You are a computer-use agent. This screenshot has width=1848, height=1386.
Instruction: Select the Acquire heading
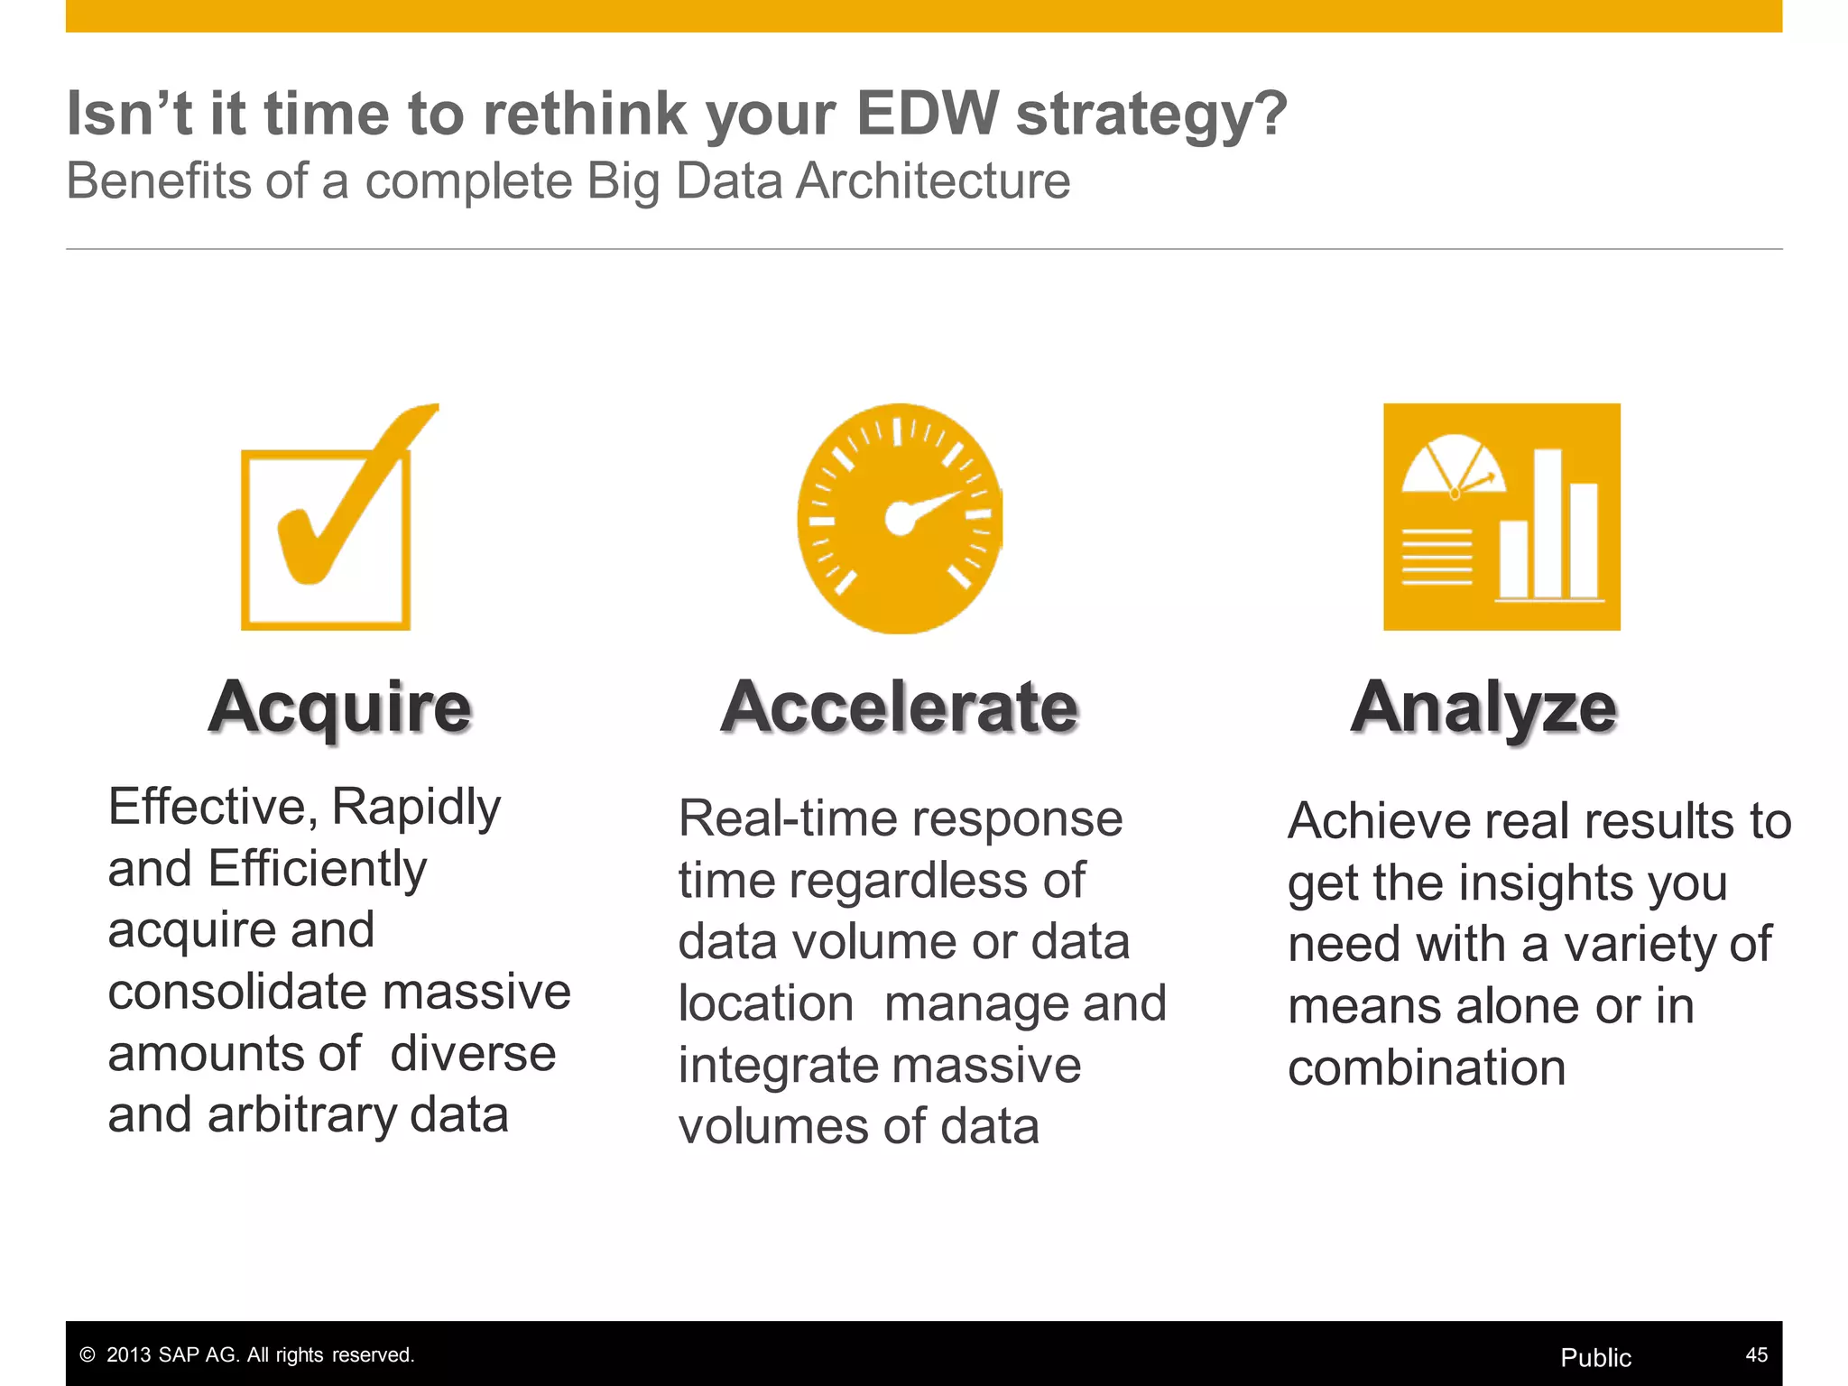(x=340, y=707)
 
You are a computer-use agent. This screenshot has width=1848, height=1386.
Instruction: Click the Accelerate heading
(x=900, y=707)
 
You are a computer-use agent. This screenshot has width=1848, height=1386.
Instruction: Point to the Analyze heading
(x=1483, y=708)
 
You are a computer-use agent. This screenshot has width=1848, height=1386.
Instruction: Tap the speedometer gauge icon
(x=900, y=518)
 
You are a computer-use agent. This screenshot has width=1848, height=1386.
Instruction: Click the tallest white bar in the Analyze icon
(x=1548, y=522)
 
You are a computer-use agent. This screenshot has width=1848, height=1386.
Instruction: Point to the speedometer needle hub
(x=899, y=518)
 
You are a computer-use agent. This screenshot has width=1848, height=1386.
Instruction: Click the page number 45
(x=1756, y=1354)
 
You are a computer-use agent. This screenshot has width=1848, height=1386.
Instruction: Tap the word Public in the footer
(x=1595, y=1357)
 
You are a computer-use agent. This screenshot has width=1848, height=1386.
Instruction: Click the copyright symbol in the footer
(x=88, y=1354)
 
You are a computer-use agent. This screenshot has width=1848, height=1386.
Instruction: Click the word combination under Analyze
(x=1427, y=1068)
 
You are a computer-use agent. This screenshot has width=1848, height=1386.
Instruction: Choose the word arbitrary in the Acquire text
(x=301, y=1115)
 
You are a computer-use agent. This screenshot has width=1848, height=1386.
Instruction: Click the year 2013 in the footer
(x=127, y=1354)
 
